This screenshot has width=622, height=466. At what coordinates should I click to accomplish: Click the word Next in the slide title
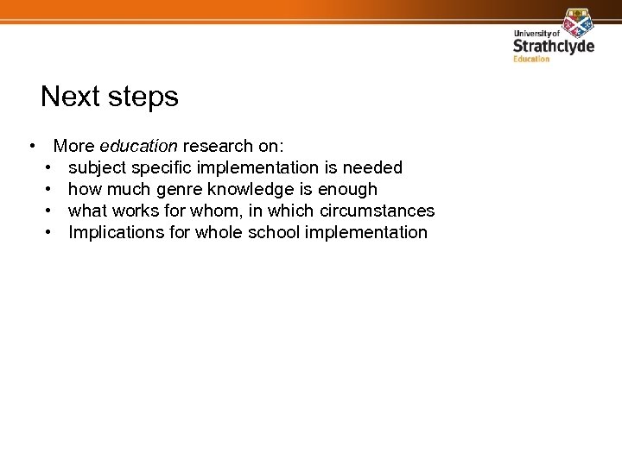pos(70,97)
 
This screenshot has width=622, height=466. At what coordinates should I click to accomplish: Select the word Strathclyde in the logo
pos(554,46)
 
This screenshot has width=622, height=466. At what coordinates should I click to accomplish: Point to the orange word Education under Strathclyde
pos(531,59)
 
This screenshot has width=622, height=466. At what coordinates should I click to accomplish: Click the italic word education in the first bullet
pos(139,146)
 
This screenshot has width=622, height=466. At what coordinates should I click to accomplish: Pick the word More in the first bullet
pos(74,146)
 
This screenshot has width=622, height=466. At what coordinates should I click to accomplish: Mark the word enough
pos(348,189)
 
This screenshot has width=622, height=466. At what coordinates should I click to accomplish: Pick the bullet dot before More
pos(31,146)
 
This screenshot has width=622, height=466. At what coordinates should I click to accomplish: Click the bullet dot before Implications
pos(50,232)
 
